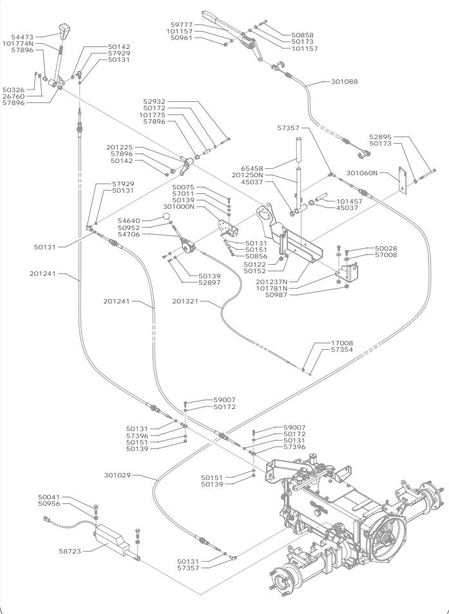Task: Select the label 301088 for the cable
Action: pos(345,81)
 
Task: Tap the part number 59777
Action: pos(182,24)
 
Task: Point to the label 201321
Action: pos(185,301)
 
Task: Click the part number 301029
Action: pos(117,475)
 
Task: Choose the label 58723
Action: pos(70,551)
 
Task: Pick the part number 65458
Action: pos(252,168)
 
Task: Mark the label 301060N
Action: pos(361,173)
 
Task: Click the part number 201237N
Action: pos(272,282)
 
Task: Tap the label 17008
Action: pos(341,343)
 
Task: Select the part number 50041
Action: pos(50,497)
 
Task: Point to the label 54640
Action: pos(129,221)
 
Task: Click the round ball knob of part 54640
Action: pos(166,216)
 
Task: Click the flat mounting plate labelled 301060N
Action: pos(402,180)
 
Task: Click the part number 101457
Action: pos(349,201)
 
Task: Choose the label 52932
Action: pos(154,101)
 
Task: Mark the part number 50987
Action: pos(276,295)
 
